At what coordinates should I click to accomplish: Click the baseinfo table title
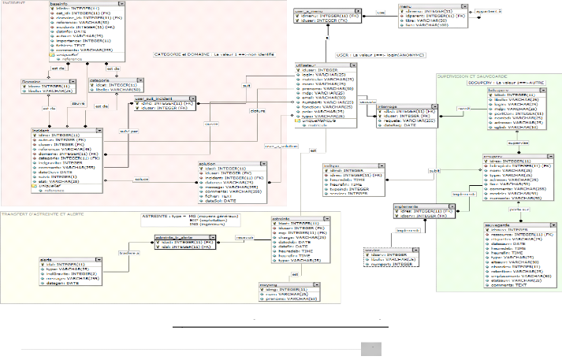click(80, 4)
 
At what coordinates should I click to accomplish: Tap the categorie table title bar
click(99, 80)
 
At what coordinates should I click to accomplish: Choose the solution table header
click(207, 164)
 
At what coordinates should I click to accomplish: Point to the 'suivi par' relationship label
click(128, 129)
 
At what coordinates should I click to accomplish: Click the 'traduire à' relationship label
click(128, 253)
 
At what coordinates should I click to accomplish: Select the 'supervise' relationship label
click(496, 143)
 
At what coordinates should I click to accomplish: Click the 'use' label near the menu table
click(359, 12)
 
